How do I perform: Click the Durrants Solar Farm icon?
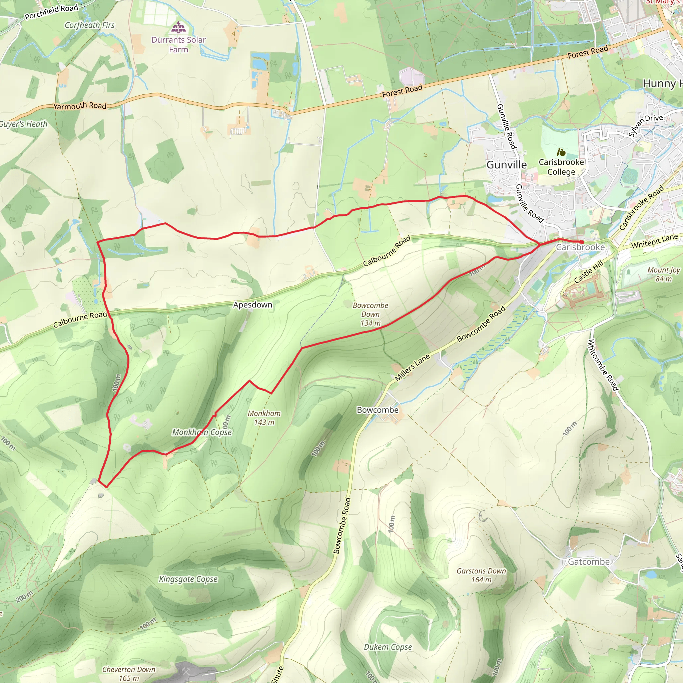tap(178, 27)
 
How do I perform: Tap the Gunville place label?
tap(506, 165)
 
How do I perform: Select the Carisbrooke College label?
tap(561, 167)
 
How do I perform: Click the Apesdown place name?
tap(252, 305)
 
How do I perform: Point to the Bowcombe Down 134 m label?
tap(370, 314)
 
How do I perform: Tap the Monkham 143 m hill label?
tap(264, 418)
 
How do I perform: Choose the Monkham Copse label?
tap(202, 432)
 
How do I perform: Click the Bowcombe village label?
tap(377, 410)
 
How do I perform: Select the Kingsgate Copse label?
tap(188, 579)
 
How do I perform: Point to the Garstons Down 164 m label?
tap(481, 575)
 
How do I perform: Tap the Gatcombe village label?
tap(589, 562)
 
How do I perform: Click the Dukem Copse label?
tap(388, 647)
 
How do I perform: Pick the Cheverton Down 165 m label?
tap(129, 673)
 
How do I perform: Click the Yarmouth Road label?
tap(80, 106)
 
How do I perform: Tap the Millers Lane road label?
tap(412, 367)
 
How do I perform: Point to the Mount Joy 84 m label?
tap(663, 274)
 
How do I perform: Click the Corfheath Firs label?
tap(89, 25)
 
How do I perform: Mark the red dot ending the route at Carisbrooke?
tap(582, 242)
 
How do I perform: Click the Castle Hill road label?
tap(588, 272)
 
